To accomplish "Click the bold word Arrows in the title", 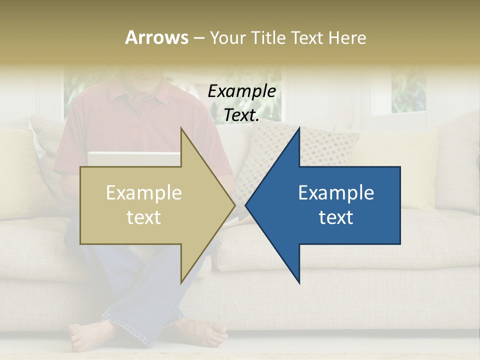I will click(x=156, y=37).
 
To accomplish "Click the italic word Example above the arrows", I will click(x=241, y=91).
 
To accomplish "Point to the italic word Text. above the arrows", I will click(x=241, y=115).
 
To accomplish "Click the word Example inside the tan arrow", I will click(x=144, y=193).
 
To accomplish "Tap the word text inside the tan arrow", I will click(x=144, y=217).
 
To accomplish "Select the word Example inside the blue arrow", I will click(x=336, y=193).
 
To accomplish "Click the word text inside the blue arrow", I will click(x=336, y=217).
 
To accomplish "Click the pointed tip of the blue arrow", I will click(x=247, y=205).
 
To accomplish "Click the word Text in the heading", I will click(x=307, y=37).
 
